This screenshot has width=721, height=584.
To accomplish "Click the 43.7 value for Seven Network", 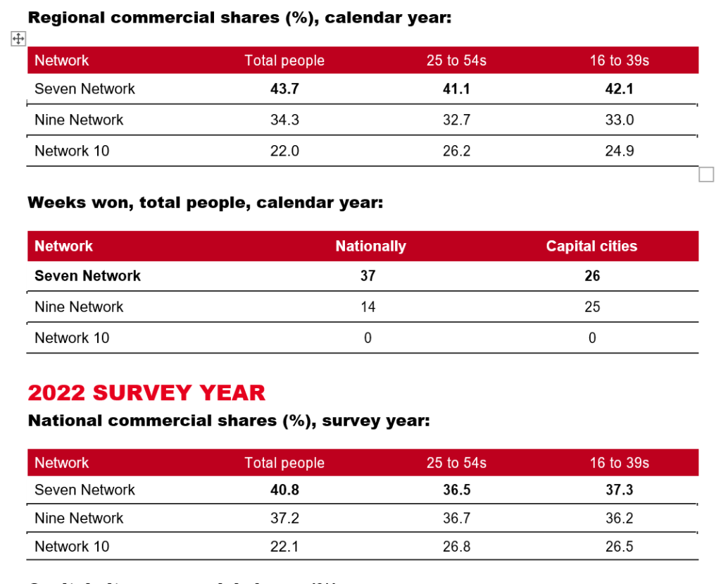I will point(284,89).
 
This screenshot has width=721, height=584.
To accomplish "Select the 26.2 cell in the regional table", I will point(456,151).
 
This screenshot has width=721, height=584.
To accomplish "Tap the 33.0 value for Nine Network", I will point(620,120).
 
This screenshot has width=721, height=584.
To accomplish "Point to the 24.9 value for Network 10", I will point(620,151).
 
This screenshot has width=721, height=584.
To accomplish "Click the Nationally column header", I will point(370,247).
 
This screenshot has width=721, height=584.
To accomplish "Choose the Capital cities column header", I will point(591,247).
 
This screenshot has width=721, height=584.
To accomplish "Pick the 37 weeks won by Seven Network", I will point(368,276).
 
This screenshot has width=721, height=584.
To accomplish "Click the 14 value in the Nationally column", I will point(368,307).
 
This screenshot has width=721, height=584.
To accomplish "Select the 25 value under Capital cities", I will point(592,307).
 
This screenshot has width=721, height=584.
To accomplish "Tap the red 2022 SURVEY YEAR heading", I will point(146,392).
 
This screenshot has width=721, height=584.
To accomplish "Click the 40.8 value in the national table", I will point(284,490).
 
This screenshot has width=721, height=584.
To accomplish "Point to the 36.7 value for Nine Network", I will point(456,518).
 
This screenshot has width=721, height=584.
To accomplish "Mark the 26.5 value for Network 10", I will point(620,547).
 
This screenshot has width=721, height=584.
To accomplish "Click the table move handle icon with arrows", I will point(18,39).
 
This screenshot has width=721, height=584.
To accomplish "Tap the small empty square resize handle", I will point(706,175).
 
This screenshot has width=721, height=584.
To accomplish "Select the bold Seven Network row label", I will point(87,276).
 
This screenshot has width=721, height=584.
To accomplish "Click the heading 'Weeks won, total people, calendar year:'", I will point(205,204).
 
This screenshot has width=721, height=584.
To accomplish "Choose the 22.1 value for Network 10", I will point(284,547).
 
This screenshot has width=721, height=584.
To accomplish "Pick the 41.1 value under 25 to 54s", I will point(456,89).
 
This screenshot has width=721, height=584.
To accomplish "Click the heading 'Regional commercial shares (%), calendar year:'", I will point(239,18).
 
